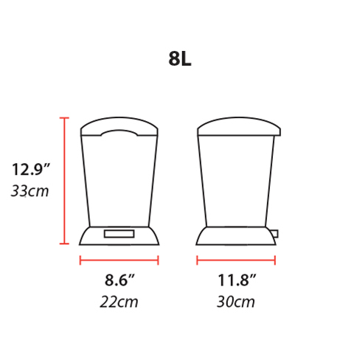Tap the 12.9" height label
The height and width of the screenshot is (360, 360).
coord(30,170)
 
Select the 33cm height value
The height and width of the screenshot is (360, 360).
coord(30,191)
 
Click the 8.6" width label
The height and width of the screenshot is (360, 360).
coord(119,280)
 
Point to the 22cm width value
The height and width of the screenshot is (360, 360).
coord(119,302)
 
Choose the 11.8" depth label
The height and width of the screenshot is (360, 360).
coord(236,280)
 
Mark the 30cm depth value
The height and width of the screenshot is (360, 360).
coord(236,302)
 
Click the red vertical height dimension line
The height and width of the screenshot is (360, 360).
coord(65,181)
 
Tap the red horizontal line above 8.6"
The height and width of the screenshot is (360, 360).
coord(119,260)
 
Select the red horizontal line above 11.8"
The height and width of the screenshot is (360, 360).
coord(236,260)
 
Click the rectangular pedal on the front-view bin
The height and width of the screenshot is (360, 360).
coord(119,234)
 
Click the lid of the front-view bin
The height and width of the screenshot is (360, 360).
coord(119,127)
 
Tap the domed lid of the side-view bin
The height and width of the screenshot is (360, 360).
coord(239,125)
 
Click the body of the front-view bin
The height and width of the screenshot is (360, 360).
coord(119,181)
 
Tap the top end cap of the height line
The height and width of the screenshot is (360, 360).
coord(65,118)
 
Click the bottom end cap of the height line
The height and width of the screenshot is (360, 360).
coord(65,243)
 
